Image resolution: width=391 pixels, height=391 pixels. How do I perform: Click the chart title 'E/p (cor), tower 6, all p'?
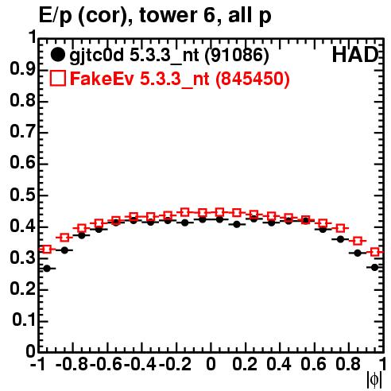pyautogui.click(x=155, y=15)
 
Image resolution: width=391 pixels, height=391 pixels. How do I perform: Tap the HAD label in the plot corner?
pyautogui.click(x=355, y=55)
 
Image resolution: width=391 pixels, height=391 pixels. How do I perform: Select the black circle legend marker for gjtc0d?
pyautogui.click(x=57, y=55)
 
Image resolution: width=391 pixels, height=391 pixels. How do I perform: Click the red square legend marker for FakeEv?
pyautogui.click(x=57, y=78)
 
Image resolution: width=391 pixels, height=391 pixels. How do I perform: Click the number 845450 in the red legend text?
pyautogui.click(x=253, y=79)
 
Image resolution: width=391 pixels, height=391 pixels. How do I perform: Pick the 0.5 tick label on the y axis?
pyautogui.click(x=22, y=195)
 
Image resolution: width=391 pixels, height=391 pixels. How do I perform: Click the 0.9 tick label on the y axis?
pyautogui.click(x=22, y=69)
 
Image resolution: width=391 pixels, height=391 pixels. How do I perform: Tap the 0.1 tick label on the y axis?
pyautogui.click(x=25, y=320)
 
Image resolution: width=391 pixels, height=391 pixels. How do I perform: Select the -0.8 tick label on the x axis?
pyautogui.click(x=72, y=364)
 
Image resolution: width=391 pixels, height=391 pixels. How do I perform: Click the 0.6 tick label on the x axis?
pyautogui.click(x=313, y=364)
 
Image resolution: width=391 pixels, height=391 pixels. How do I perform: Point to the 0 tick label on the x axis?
pyautogui.click(x=211, y=364)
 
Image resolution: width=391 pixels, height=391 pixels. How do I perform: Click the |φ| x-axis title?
pyautogui.click(x=374, y=380)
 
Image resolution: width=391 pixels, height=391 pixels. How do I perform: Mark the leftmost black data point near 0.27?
pyautogui.click(x=47, y=269)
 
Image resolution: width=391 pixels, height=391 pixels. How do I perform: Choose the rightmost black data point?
pyautogui.click(x=375, y=268)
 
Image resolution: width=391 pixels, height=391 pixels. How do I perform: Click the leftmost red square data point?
pyautogui.click(x=47, y=250)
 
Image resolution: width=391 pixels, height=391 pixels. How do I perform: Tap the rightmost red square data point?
pyautogui.click(x=375, y=252)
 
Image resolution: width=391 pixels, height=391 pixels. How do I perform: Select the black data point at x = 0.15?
pyautogui.click(x=237, y=225)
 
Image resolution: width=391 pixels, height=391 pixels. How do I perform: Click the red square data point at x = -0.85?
pyautogui.click(x=64, y=238)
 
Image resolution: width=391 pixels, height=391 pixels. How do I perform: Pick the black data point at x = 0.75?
pyautogui.click(x=340, y=239)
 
